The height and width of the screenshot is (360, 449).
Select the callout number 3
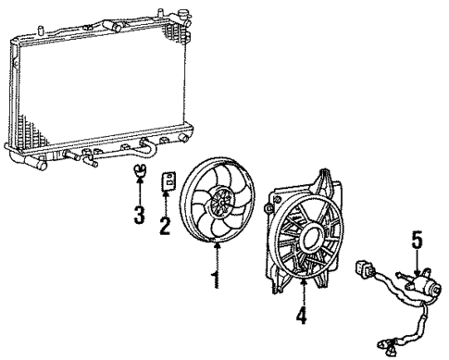140,217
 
